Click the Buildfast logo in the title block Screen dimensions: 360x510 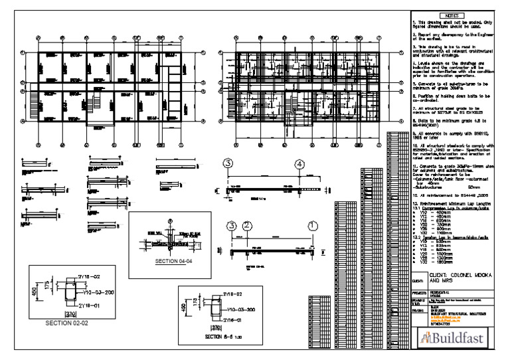tap(452, 339)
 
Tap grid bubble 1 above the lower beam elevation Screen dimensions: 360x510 tap(313, 226)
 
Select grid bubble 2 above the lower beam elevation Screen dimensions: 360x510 tap(246, 226)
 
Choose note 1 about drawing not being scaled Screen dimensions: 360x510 tap(451, 25)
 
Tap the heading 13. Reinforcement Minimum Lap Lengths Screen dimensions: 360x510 tap(451, 202)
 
